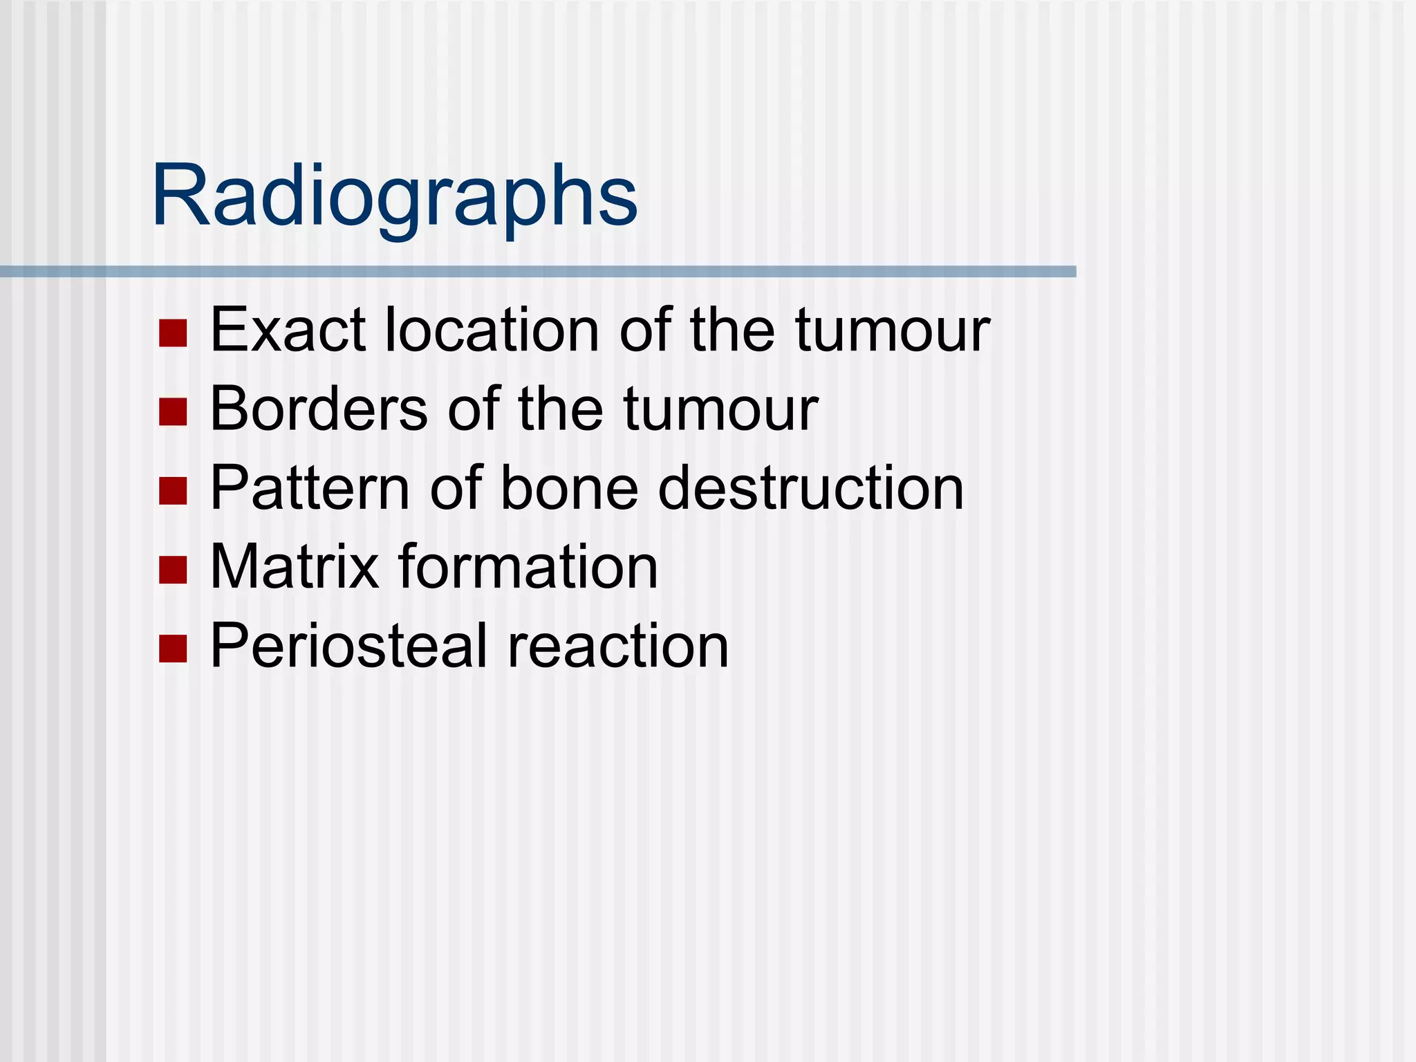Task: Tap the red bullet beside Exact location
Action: click(x=173, y=333)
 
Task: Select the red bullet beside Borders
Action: click(x=173, y=411)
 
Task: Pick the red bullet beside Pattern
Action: click(x=173, y=490)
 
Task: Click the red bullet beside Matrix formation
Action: click(x=173, y=570)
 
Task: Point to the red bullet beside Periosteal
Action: click(x=173, y=649)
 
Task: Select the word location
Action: click(x=492, y=330)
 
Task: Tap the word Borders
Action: click(x=319, y=409)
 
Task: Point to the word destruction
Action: click(x=810, y=488)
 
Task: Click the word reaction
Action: click(x=618, y=646)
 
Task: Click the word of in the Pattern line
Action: click(x=456, y=488)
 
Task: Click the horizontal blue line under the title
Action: click(x=538, y=272)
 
